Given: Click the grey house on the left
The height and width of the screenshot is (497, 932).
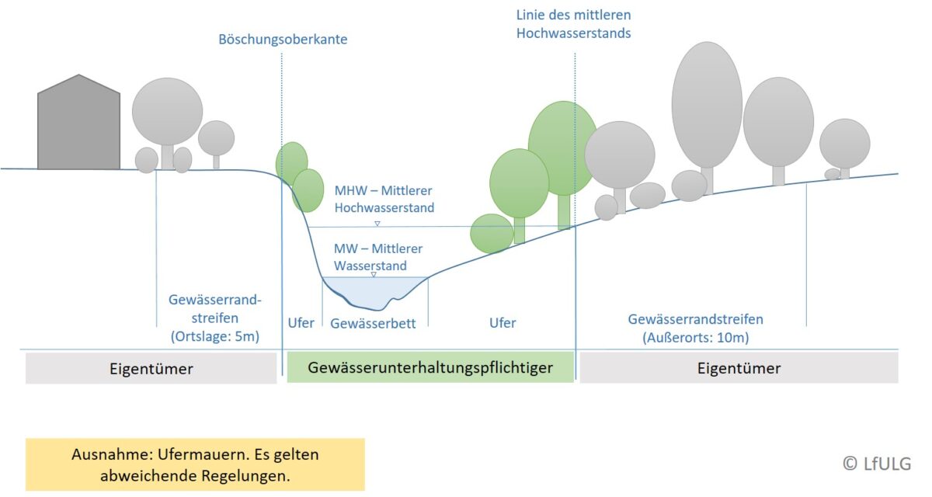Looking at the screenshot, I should tap(78, 126).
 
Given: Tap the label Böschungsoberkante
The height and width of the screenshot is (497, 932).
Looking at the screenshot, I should tap(283, 39).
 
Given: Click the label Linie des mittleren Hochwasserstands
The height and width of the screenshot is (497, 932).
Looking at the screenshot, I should tap(573, 23).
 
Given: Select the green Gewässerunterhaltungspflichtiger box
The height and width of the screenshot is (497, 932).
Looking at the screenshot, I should tap(430, 367).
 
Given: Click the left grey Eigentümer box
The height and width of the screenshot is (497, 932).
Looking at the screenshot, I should tap(151, 369).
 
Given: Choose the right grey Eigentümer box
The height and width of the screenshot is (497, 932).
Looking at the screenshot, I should tap(739, 368).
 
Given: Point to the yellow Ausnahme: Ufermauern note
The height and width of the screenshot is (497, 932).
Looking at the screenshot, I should tap(195, 464).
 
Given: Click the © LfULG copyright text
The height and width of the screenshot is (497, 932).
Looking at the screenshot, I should tap(877, 463).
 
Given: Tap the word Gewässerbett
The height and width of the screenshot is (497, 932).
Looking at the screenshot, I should tap(374, 323).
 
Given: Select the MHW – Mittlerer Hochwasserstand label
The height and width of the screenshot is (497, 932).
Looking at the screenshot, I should tap(384, 199).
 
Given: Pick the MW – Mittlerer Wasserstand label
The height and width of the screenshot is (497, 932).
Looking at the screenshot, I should tap(378, 257).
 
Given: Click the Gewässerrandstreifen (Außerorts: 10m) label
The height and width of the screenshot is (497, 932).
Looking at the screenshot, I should tap(695, 328).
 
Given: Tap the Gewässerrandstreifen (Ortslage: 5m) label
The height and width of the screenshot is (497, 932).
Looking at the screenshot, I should tap(214, 318).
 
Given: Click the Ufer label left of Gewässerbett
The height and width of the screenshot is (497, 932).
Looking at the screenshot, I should tap(301, 323).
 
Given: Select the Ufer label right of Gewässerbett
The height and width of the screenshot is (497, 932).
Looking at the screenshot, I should tap(503, 323).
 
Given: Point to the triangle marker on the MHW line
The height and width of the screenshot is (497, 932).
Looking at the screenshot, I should tap(377, 224).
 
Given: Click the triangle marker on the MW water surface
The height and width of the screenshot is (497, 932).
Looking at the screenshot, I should tap(374, 275).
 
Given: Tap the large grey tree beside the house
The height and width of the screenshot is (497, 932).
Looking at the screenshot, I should tap(167, 113).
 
